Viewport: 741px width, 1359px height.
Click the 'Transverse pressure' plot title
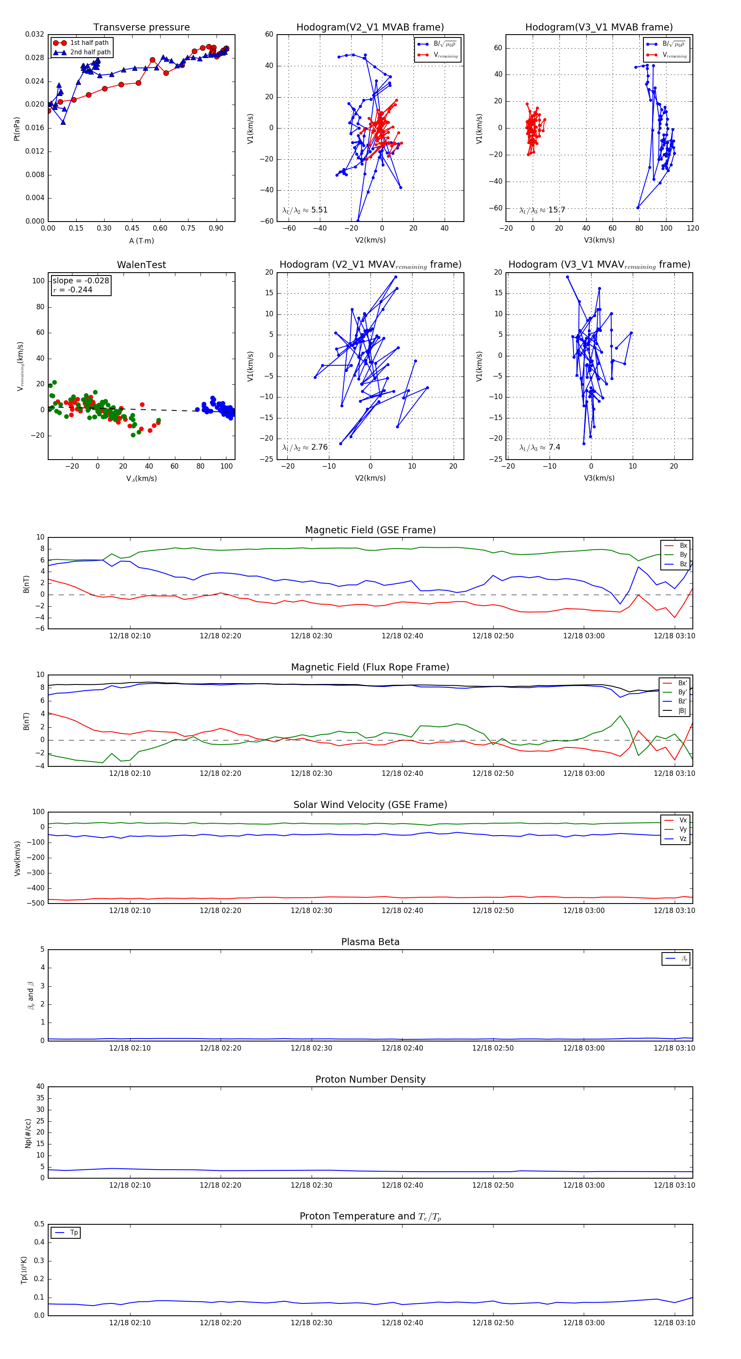pyautogui.click(x=141, y=28)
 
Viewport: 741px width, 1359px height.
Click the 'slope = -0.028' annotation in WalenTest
pyautogui.click(x=81, y=281)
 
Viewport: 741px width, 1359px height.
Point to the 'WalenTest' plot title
pyautogui.click(x=141, y=265)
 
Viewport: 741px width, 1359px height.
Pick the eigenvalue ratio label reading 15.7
pyautogui.click(x=542, y=210)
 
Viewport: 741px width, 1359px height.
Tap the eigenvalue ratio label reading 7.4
pyautogui.click(x=540, y=447)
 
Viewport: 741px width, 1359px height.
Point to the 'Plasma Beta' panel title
pyautogui.click(x=370, y=942)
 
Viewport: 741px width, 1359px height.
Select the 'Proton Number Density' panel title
pyautogui.click(x=370, y=1079)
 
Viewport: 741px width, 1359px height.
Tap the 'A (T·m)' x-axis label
pyautogui.click(x=141, y=241)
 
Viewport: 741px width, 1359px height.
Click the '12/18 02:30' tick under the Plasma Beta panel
pyautogui.click(x=311, y=1048)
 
